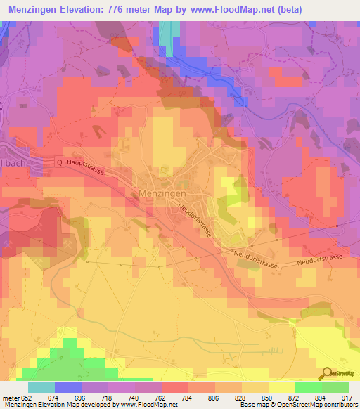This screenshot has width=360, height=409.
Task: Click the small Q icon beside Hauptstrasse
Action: point(59,162)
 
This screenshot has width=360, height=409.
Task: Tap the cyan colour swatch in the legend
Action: point(41,387)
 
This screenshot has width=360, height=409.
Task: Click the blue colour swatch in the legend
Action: point(68,387)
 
